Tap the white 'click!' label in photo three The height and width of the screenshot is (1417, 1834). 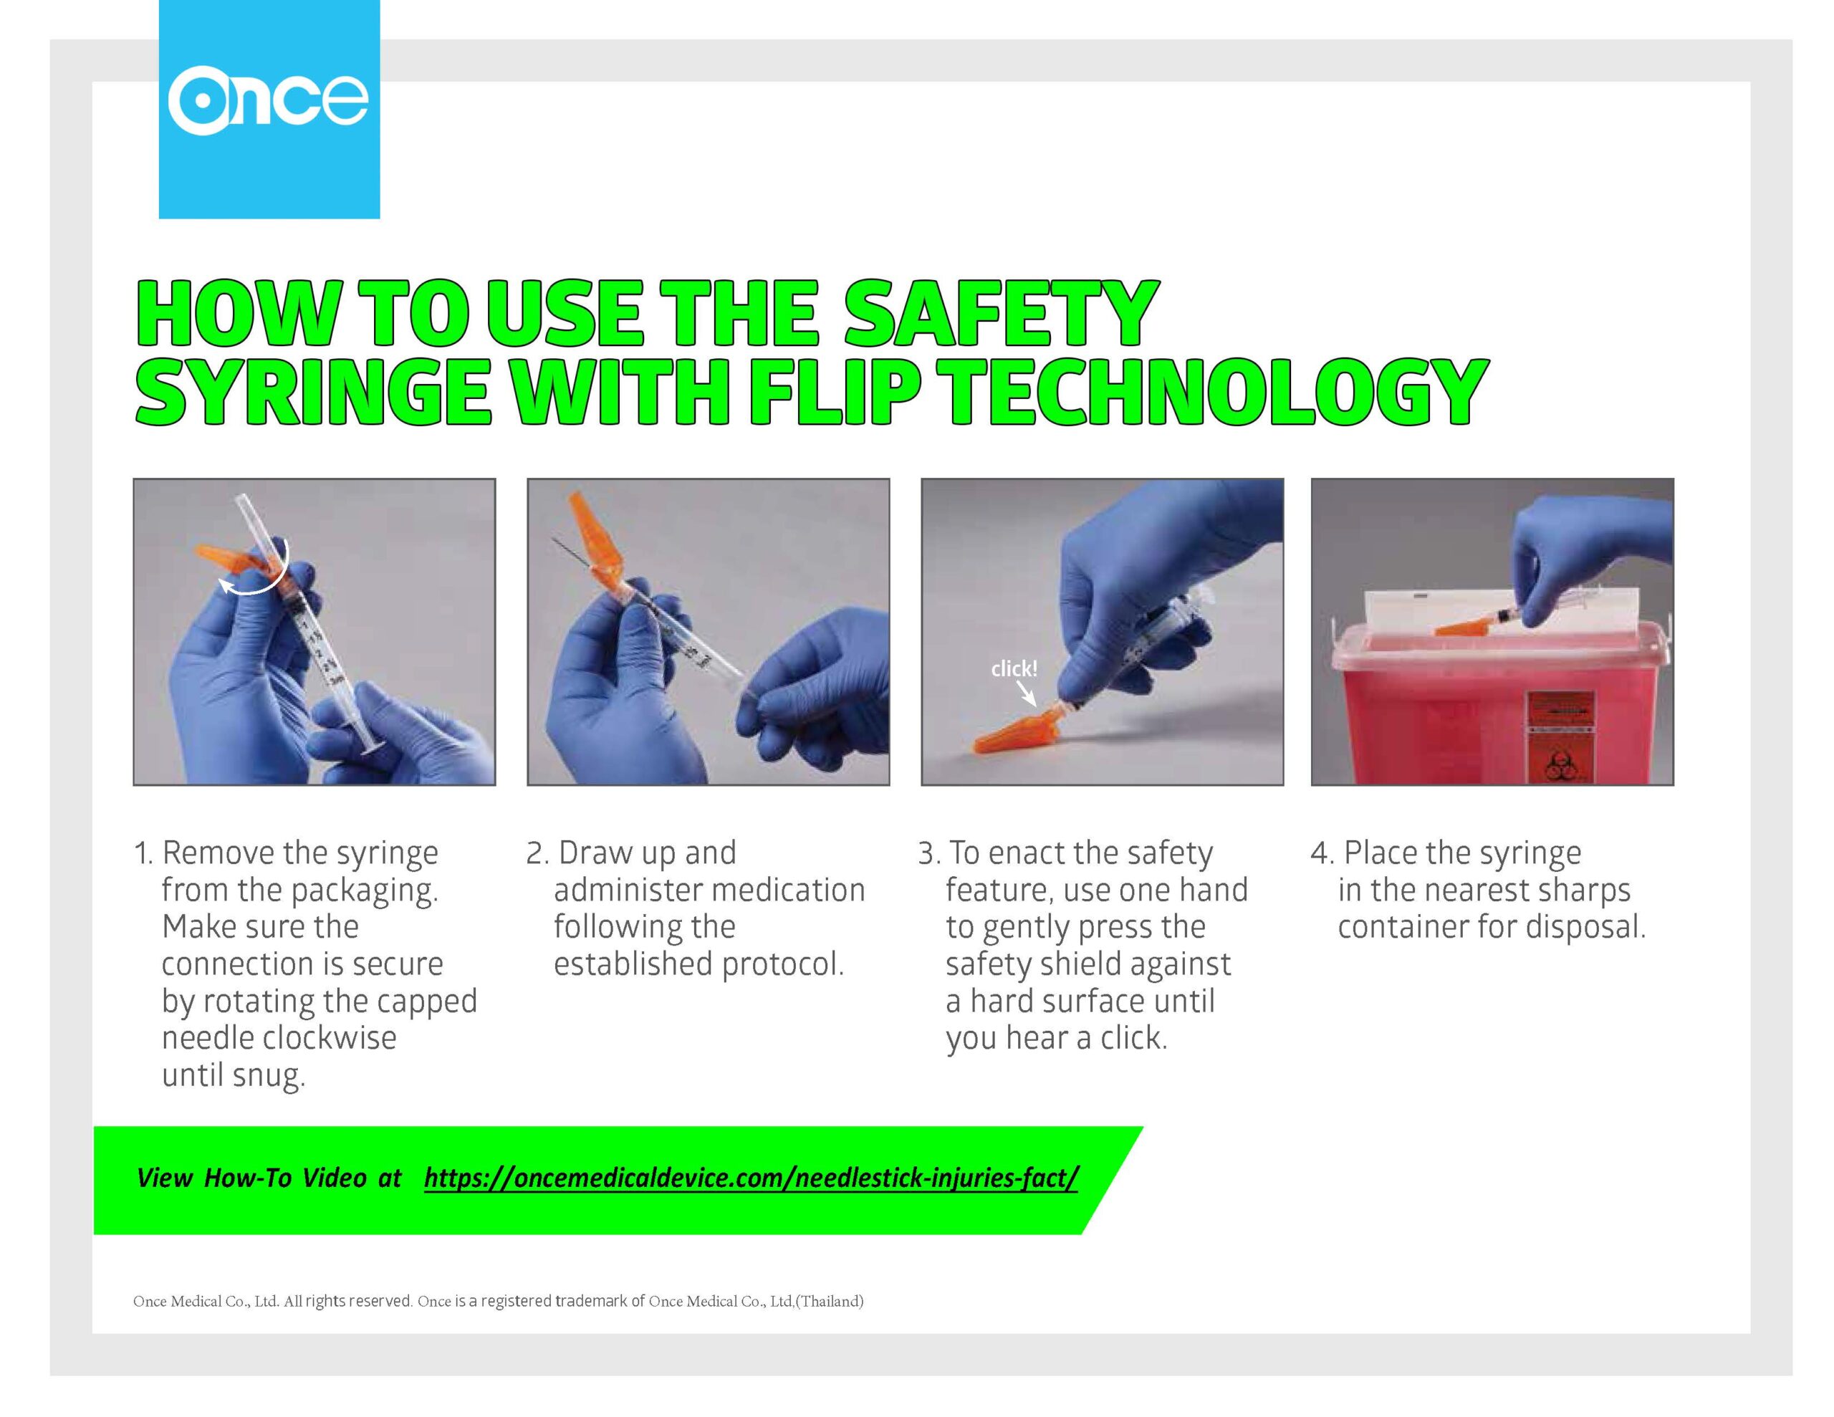coord(1014,668)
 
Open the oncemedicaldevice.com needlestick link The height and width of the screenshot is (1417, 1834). coord(751,1178)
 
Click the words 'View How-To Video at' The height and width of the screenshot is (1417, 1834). coord(269,1178)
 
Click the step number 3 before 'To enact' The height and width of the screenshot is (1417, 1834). coord(928,853)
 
